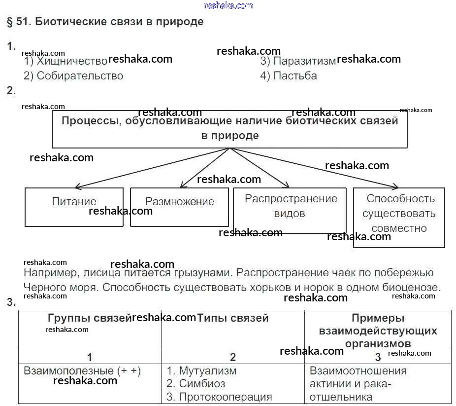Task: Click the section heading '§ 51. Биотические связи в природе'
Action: click(105, 22)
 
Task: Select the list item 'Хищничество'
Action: click(72, 61)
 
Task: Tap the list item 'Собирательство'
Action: click(80, 76)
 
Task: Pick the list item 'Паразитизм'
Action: click(304, 61)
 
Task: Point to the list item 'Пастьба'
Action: click(295, 76)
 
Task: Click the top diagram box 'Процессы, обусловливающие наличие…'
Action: click(229, 128)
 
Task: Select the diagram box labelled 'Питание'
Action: click(74, 207)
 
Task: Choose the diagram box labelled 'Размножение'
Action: click(179, 207)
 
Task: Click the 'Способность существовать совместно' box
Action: click(399, 217)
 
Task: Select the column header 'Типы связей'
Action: click(232, 319)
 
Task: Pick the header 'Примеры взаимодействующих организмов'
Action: click(378, 331)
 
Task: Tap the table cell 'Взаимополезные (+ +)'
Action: click(82, 371)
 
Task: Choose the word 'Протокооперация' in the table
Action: click(225, 397)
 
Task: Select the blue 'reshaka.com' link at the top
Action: click(228, 5)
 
